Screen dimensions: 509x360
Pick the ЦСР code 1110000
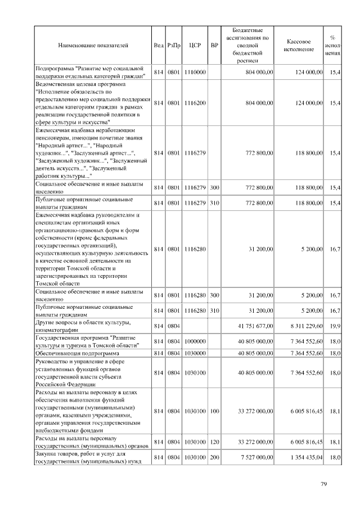195,73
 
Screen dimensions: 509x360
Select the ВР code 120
214,443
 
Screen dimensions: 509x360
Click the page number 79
324,484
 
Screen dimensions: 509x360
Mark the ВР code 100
214,411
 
